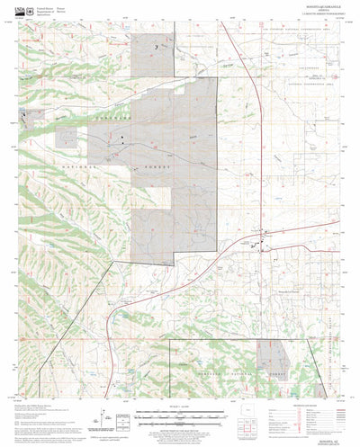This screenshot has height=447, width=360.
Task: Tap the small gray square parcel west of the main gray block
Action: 67,137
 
